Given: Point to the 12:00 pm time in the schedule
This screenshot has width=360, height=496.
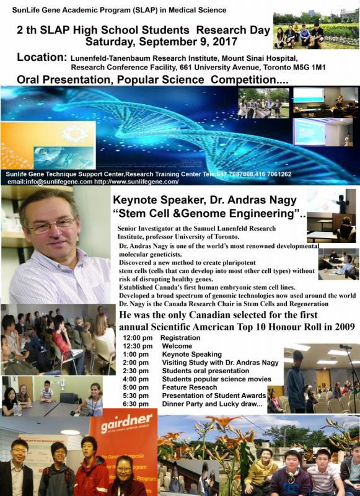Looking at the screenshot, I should pyautogui.click(x=137, y=338).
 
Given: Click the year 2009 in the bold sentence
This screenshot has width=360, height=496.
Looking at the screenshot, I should pyautogui.click(x=341, y=326).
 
